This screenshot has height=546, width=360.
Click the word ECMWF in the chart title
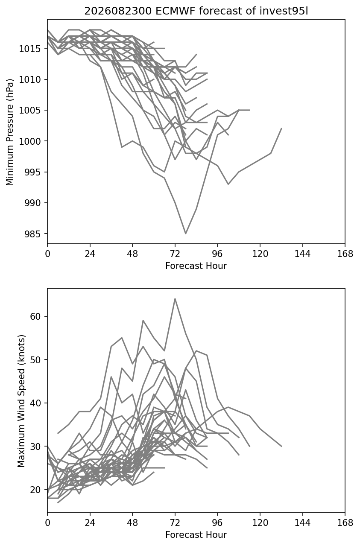[176, 11]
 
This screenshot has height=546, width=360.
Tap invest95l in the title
[284, 11]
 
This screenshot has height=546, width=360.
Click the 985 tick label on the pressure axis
[32, 234]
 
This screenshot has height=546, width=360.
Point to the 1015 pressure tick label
[30, 49]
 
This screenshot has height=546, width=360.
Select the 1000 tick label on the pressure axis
[30, 141]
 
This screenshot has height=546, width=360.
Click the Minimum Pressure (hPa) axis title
[10, 132]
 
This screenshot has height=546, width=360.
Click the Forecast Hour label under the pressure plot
[196, 266]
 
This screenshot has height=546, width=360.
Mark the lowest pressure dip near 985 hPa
[186, 234]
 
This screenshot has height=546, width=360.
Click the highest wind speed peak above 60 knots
[175, 298]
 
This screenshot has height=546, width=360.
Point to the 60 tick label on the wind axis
[35, 316]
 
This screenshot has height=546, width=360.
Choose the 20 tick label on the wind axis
[35, 490]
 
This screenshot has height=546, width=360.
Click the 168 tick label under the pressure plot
[345, 254]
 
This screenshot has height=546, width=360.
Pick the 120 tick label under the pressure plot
[260, 254]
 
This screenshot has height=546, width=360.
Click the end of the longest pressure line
[281, 128]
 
